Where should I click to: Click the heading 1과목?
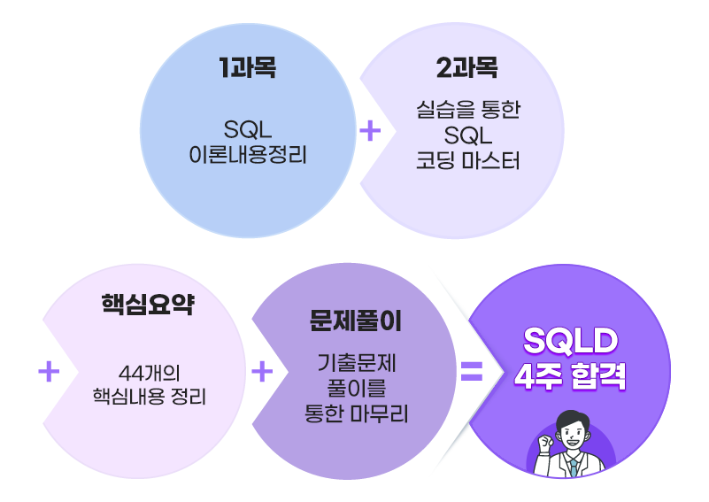[x=247, y=69]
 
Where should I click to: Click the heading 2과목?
[x=466, y=69]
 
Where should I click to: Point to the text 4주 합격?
[x=570, y=376]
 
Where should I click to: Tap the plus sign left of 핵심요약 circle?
[x=49, y=372]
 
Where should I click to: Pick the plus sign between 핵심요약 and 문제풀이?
[x=262, y=372]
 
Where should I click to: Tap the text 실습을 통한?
[x=466, y=111]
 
